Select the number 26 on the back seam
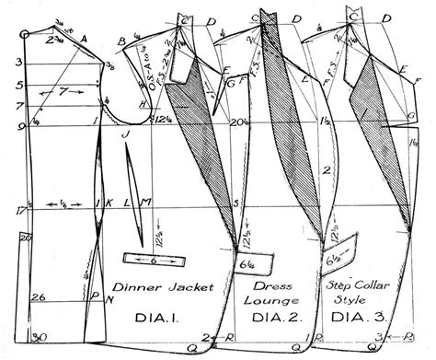37,296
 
